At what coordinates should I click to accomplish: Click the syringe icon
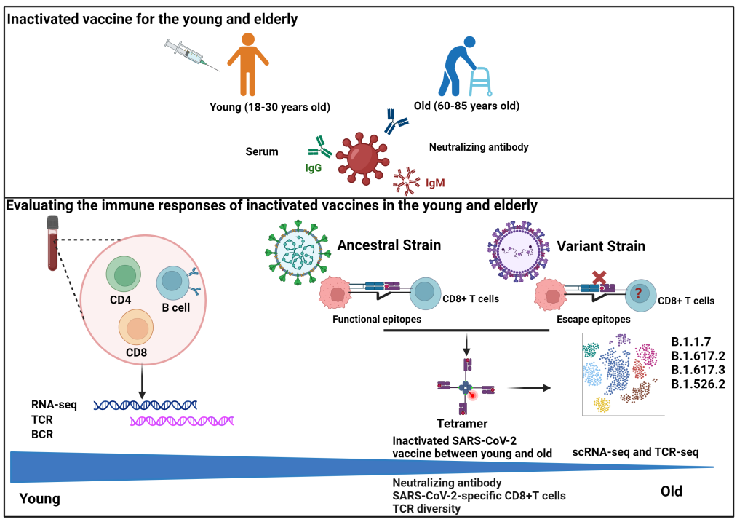[192, 55]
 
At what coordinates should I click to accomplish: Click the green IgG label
[313, 167]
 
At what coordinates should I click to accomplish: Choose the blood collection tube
[52, 243]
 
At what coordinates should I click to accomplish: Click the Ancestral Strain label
[389, 245]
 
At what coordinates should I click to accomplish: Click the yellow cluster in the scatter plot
[602, 403]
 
